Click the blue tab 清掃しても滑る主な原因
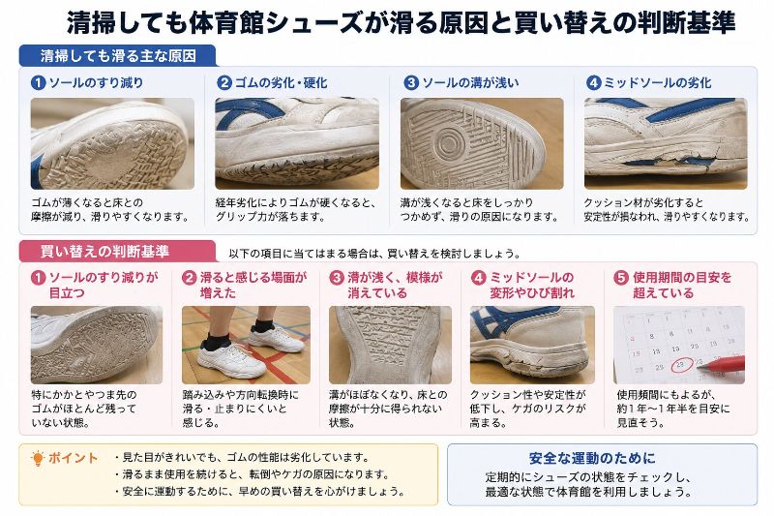point(117,56)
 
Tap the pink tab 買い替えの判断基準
point(117,252)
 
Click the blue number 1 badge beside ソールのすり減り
point(38,82)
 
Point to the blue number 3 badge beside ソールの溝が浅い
point(410,82)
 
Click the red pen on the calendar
point(721,364)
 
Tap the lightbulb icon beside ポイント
point(37,459)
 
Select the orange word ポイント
point(74,458)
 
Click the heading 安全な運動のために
point(592,458)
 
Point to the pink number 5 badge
point(620,278)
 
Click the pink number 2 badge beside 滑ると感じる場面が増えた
point(189,278)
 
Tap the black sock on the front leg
point(217,340)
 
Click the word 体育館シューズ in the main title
point(276,22)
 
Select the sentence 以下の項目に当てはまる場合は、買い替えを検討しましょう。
point(374,254)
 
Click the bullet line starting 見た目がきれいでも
point(242,457)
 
